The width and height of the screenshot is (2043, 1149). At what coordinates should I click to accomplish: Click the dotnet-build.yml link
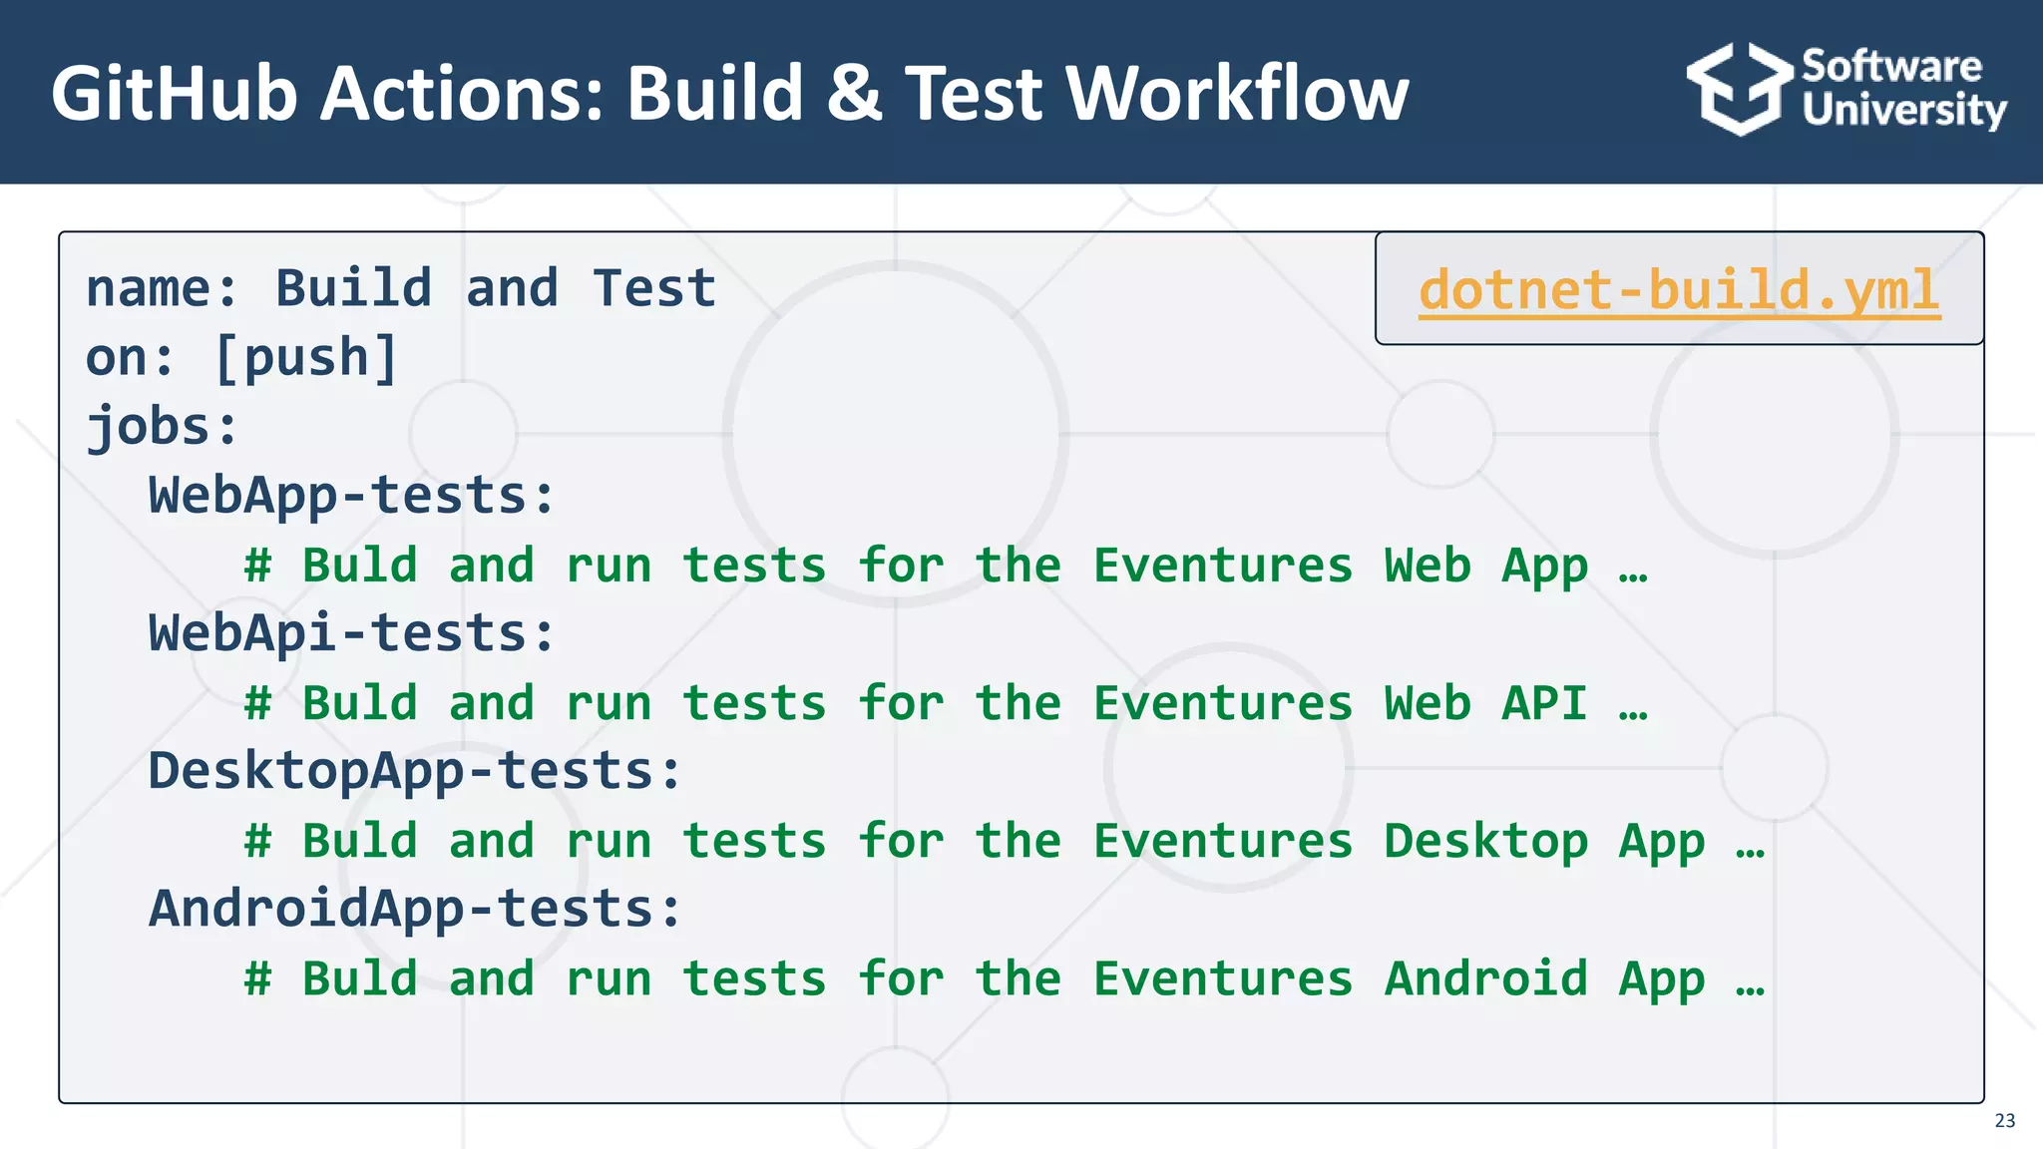[x=1679, y=290]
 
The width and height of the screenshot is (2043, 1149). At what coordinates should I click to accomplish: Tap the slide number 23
[x=2004, y=1120]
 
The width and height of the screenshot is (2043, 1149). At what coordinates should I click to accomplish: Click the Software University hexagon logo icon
[x=1739, y=89]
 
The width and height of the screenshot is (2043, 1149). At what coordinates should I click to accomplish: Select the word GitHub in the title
[x=175, y=94]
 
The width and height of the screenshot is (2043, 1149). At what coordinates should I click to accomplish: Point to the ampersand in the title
[x=854, y=94]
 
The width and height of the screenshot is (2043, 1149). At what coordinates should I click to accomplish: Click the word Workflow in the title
[x=1237, y=94]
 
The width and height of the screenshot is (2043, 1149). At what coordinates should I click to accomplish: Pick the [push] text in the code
[x=306, y=358]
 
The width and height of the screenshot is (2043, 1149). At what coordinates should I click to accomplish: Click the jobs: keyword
[x=163, y=427]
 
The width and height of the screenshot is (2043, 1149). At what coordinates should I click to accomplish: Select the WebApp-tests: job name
[x=351, y=496]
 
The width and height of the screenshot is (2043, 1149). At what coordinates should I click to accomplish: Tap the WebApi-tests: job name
[x=351, y=633]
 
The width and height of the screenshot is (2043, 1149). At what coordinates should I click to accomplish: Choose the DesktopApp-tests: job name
[x=415, y=771]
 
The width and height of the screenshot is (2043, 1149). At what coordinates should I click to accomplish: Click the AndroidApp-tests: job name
[x=415, y=909]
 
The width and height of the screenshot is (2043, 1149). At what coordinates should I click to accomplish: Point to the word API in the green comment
[x=1543, y=703]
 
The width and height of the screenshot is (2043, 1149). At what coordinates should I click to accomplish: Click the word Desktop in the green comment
[x=1485, y=841]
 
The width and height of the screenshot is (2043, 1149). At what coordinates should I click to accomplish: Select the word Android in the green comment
[x=1485, y=978]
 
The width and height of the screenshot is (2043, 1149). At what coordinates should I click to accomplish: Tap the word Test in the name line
[x=654, y=289]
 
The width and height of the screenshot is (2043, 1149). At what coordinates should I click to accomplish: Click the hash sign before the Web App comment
[x=258, y=566]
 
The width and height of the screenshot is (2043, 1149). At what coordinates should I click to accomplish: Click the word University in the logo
[x=1903, y=110]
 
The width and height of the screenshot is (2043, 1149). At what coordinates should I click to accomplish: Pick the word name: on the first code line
[x=163, y=289]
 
